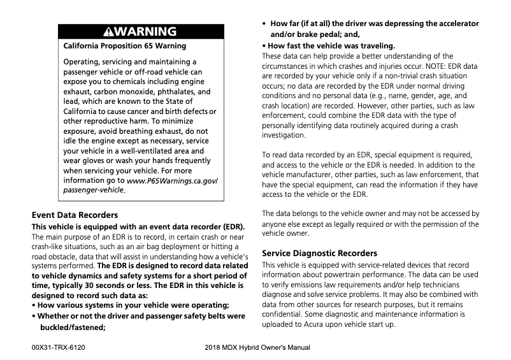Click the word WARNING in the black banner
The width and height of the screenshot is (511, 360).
click(x=147, y=32)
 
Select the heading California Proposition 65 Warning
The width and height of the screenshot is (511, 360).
click(x=125, y=46)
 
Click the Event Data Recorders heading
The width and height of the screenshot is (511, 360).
click(x=75, y=215)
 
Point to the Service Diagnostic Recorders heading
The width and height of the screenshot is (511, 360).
click(x=319, y=253)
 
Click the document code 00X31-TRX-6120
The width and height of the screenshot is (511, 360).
click(x=58, y=348)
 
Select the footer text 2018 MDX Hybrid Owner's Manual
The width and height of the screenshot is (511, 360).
click(x=257, y=348)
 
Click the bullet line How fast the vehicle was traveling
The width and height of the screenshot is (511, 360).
click(x=329, y=46)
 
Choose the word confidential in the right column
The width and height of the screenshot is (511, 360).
click(x=284, y=314)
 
